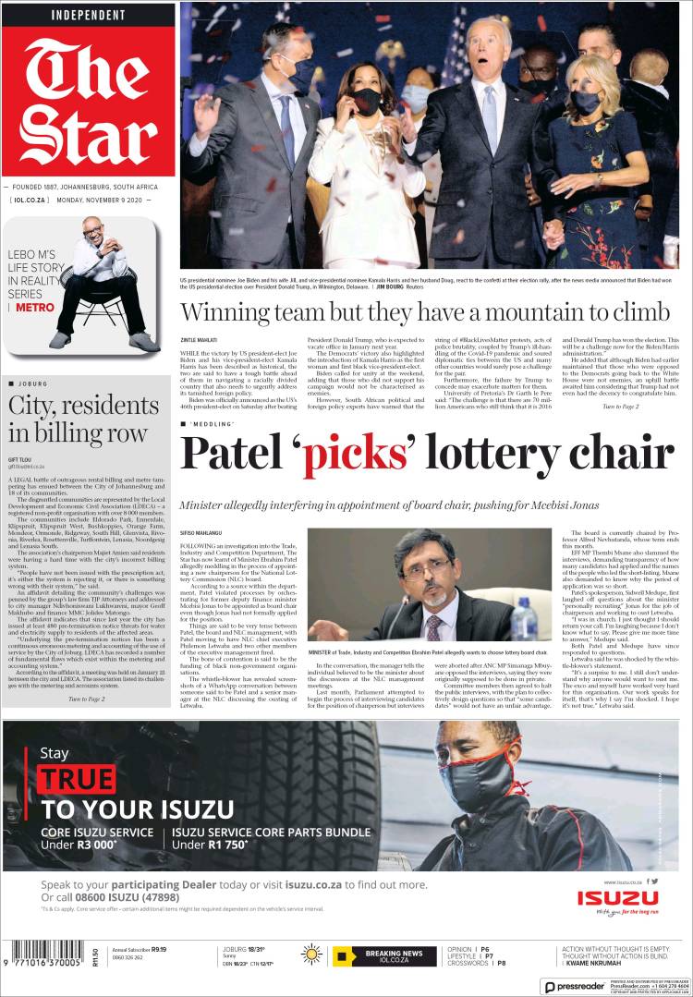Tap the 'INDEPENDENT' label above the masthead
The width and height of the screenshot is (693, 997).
coord(88,16)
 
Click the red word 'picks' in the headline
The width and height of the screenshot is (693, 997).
coord(356,453)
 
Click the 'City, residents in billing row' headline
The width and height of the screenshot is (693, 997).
coord(78,419)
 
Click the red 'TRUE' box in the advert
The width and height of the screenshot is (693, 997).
coord(77,780)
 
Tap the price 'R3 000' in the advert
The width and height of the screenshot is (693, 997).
coord(95,845)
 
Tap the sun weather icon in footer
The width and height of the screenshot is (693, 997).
coord(311,954)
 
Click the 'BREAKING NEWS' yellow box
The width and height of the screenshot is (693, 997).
coord(384,955)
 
